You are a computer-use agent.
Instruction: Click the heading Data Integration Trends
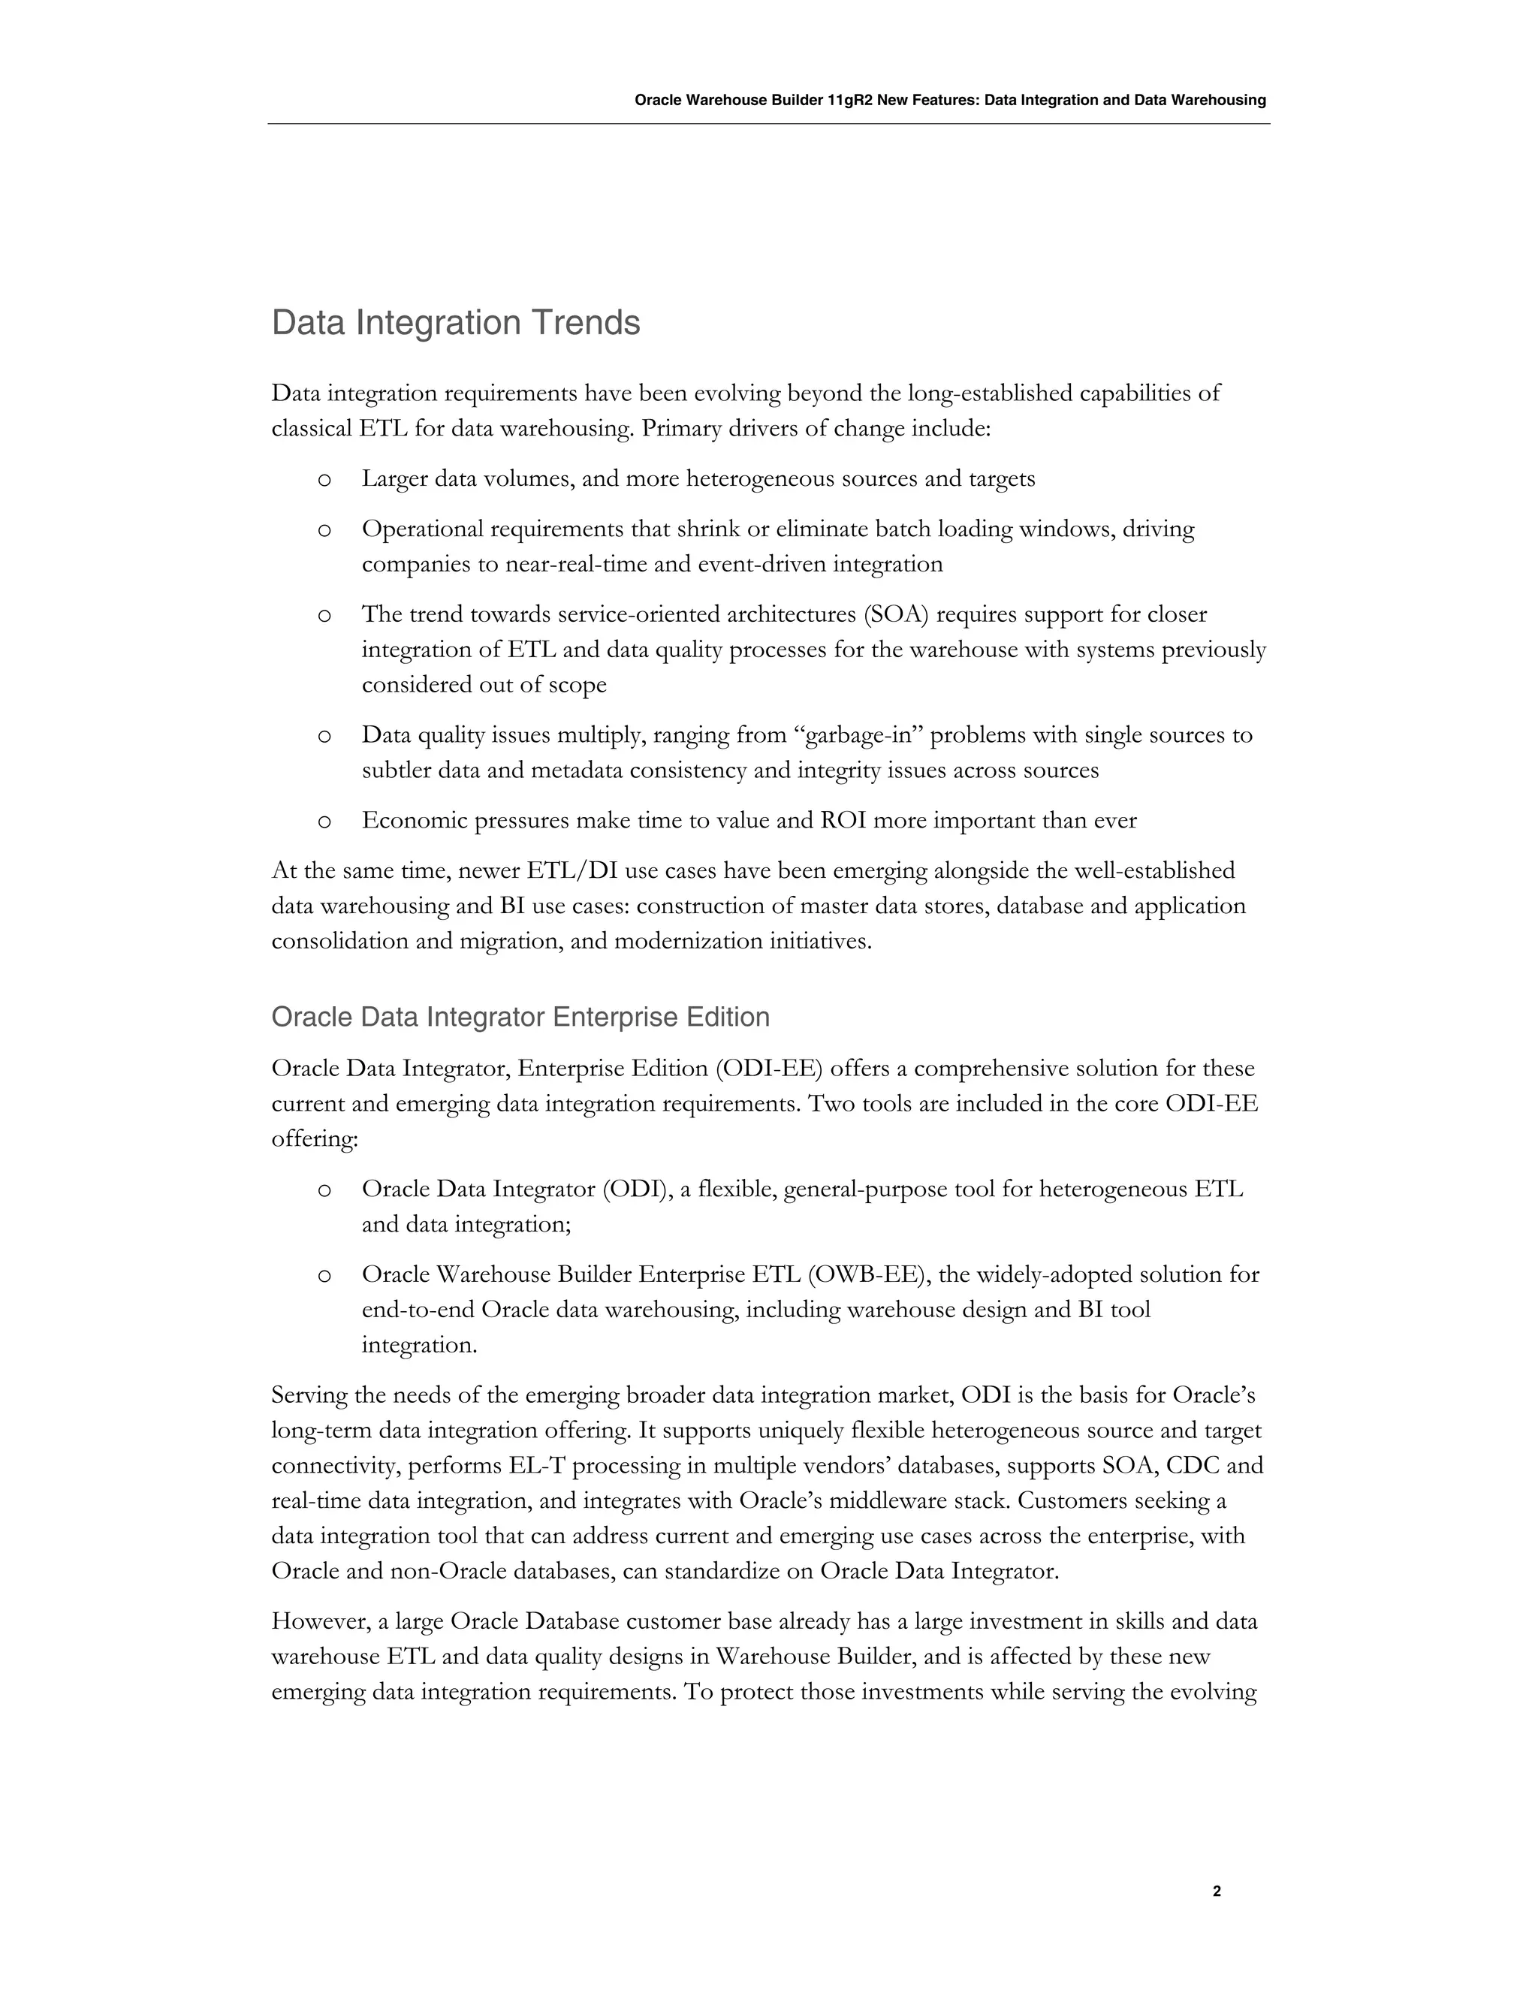(x=456, y=324)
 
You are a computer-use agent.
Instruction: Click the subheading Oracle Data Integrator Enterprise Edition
(x=520, y=1017)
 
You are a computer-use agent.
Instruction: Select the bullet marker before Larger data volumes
(x=324, y=480)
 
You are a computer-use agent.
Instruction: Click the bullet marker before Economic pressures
(x=324, y=822)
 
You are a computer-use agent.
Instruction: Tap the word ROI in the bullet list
(x=843, y=821)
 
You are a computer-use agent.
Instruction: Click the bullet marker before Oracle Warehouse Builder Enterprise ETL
(x=324, y=1276)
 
